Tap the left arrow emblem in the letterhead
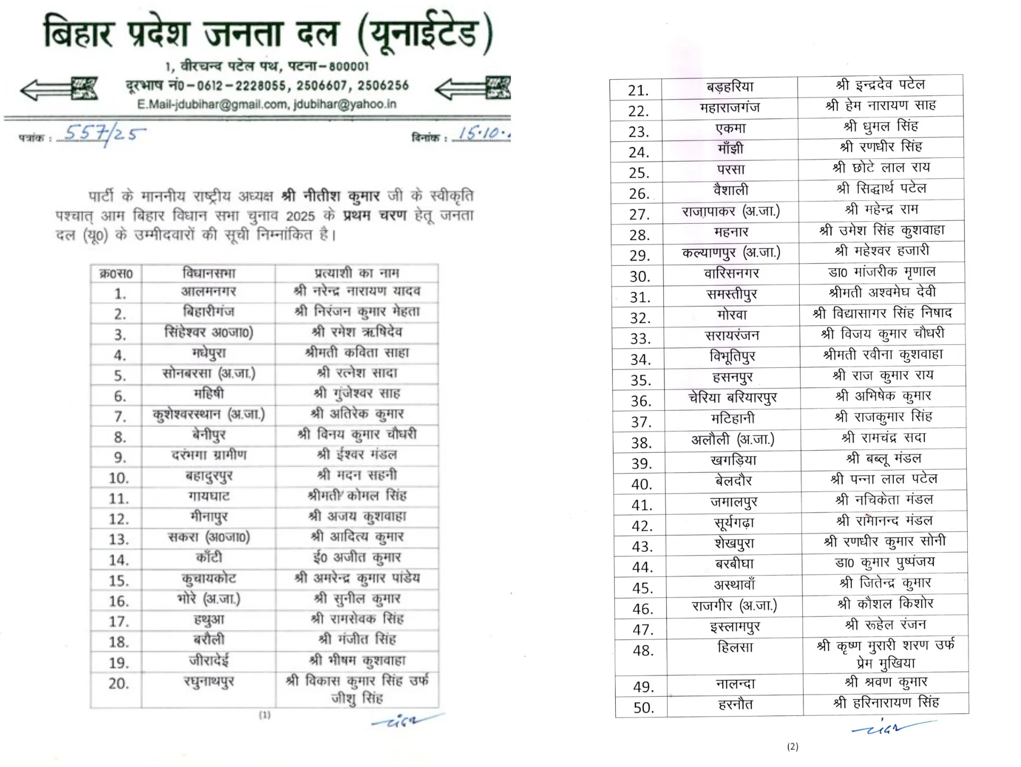tap(59, 89)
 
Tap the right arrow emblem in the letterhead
tap(473, 88)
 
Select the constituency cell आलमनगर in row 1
tap(208, 291)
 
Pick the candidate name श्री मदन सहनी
tap(357, 475)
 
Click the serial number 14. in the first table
tap(119, 560)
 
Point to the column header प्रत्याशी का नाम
tap(356, 273)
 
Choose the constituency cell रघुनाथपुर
tap(209, 681)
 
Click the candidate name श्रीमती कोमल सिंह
tap(357, 495)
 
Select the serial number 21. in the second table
tap(638, 90)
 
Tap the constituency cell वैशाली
tap(731, 190)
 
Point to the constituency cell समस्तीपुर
tap(732, 294)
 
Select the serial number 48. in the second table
tap(643, 650)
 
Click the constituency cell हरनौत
tap(735, 704)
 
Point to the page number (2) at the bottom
tap(792, 747)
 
